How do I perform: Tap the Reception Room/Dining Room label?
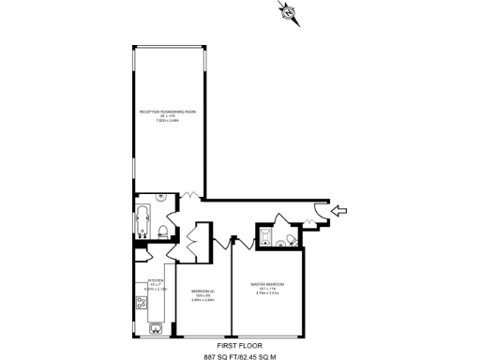click(167, 115)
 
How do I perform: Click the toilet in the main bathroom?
click(162, 232)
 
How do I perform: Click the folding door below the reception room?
click(189, 196)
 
